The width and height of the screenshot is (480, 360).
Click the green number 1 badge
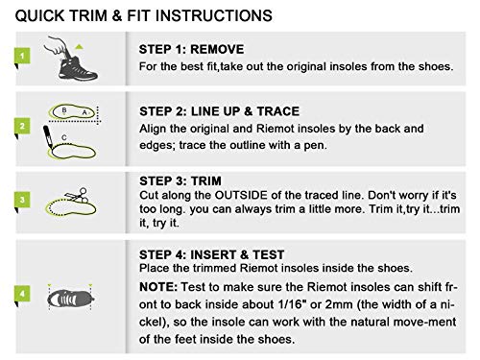pyautogui.click(x=22, y=56)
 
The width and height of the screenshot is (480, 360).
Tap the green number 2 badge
pyautogui.click(x=22, y=126)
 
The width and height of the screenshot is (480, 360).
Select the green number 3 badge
pyautogui.click(x=22, y=200)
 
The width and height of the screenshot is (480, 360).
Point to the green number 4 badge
pyautogui.click(x=22, y=294)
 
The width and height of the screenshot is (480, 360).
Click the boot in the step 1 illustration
pyautogui.click(x=78, y=69)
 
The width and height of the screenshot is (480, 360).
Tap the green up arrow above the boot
pyautogui.click(x=79, y=47)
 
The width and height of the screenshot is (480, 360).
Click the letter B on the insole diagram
pyautogui.click(x=64, y=109)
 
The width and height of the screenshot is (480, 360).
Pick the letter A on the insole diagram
pyautogui.click(x=84, y=112)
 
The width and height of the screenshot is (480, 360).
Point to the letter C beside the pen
pyautogui.click(x=64, y=137)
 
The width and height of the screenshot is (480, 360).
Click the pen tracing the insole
pyautogui.click(x=47, y=137)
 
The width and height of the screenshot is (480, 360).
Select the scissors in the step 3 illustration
pyautogui.click(x=77, y=195)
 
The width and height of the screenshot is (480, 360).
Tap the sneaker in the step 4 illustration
pyautogui.click(x=71, y=299)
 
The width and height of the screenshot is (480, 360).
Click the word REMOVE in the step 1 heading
pyautogui.click(x=217, y=49)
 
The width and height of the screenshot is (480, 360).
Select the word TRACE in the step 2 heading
pyautogui.click(x=278, y=111)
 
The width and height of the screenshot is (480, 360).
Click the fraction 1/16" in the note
pyautogui.click(x=290, y=303)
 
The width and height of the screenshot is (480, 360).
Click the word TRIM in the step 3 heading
pyautogui.click(x=206, y=180)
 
